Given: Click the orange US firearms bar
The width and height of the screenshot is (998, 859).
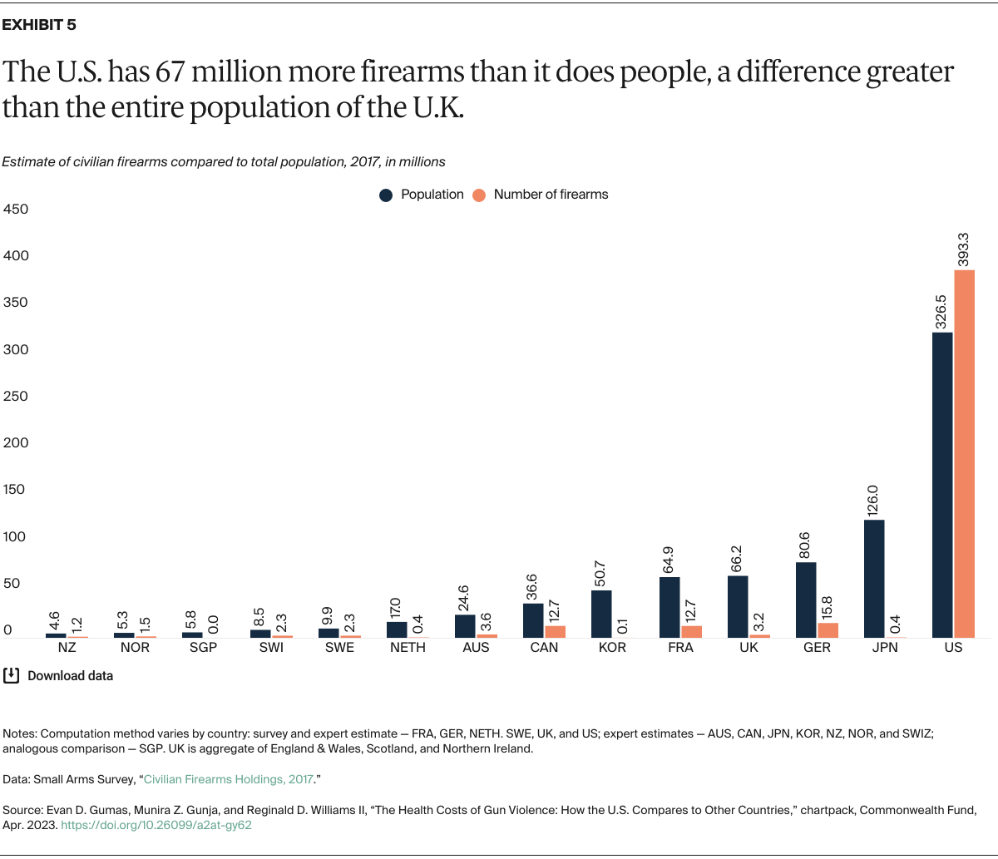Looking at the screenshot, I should tap(964, 453).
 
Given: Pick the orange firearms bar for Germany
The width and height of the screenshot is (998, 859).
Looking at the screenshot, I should tap(828, 630).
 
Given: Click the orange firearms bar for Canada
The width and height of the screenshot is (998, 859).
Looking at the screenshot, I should tap(555, 632).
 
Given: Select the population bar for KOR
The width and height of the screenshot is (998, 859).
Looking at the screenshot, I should tap(601, 614).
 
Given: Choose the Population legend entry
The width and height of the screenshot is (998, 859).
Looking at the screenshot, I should tap(422, 195).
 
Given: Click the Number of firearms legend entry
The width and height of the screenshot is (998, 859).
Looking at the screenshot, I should tap(541, 195).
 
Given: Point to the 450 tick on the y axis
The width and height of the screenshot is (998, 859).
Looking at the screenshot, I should tap(15, 210).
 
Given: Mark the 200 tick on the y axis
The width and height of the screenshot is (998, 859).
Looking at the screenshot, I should tap(15, 443).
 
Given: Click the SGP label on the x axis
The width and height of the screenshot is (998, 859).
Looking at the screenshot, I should tap(203, 648).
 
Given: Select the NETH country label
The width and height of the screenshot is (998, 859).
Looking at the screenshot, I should tap(408, 648).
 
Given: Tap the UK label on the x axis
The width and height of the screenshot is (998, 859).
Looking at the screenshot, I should tap(748, 648).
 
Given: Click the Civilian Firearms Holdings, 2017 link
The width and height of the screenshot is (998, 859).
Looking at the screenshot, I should tap(229, 779).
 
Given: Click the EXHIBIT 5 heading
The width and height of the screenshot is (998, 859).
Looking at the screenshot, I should tap(39, 25).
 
